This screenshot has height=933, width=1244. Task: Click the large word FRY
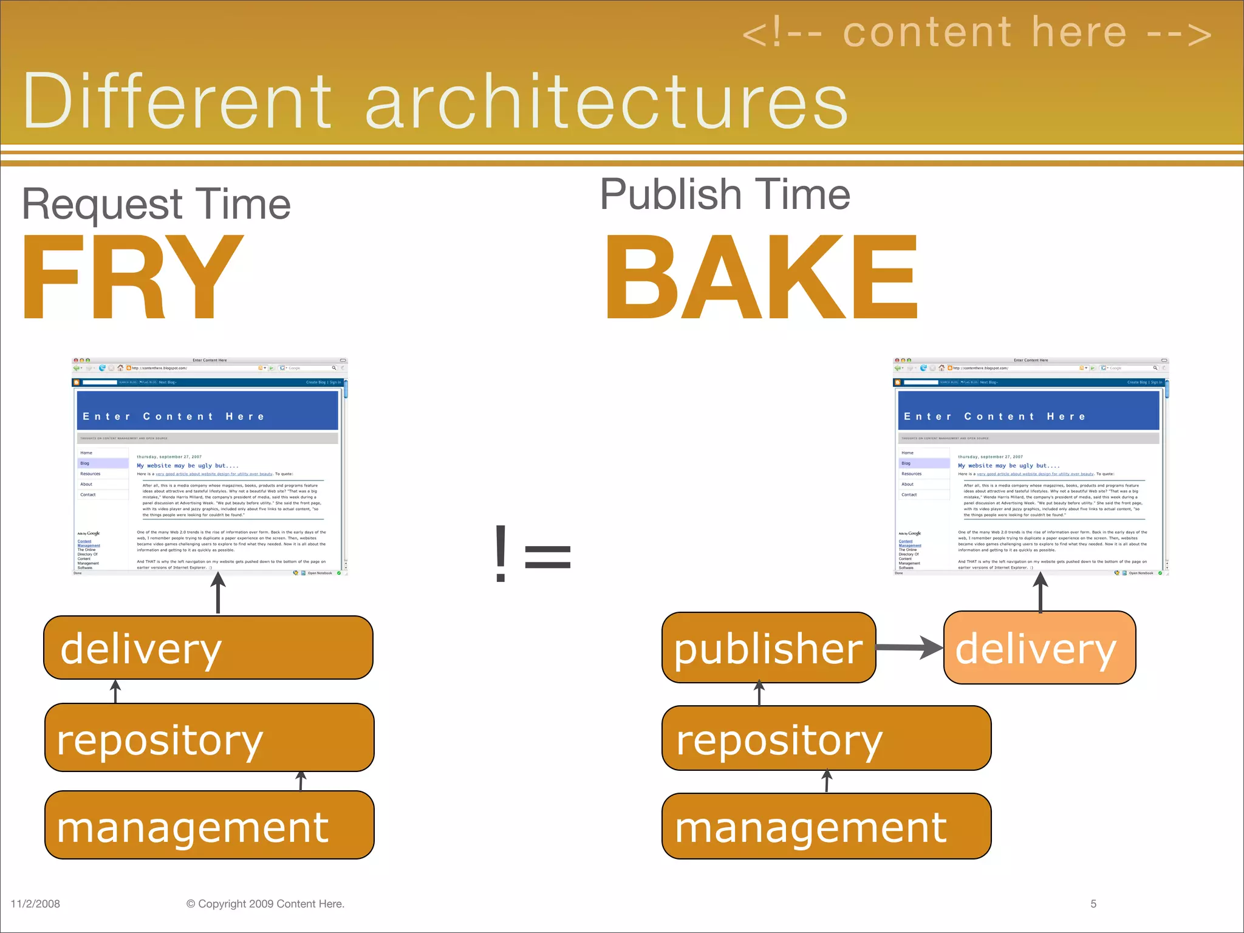[x=132, y=278]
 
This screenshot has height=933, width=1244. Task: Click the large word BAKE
[x=762, y=278]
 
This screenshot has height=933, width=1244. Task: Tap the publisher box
[x=768, y=648]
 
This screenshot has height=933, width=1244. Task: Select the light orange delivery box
[x=1039, y=648]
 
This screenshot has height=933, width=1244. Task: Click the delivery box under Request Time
[x=208, y=648]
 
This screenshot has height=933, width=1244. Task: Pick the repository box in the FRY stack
[x=209, y=738]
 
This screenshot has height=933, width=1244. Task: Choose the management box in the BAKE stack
[x=826, y=826]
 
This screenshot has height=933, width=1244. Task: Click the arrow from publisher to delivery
[x=909, y=648]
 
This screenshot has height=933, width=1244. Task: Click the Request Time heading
[x=156, y=205]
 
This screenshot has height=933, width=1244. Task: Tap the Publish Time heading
[x=725, y=195]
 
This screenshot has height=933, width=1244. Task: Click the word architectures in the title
[x=606, y=102]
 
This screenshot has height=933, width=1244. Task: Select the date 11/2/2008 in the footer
[x=35, y=904]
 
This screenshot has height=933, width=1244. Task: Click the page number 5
[x=1093, y=904]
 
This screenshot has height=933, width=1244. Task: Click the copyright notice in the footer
[x=265, y=904]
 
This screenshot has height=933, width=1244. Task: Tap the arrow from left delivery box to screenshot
[x=218, y=593]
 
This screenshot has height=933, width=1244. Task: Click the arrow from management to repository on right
[x=827, y=781]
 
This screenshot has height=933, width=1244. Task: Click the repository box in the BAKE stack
[x=826, y=739]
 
